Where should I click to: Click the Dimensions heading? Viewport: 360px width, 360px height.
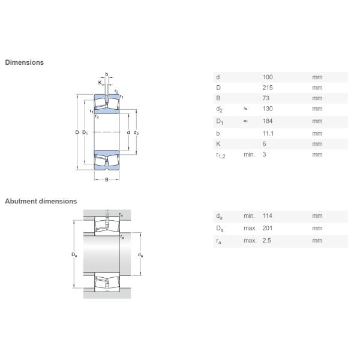point(24,62)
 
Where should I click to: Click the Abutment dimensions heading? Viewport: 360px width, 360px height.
point(41,201)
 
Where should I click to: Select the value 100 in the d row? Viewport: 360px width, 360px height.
point(268,77)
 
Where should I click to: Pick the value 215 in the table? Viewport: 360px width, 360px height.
point(268,88)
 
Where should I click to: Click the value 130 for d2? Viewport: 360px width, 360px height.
point(268,109)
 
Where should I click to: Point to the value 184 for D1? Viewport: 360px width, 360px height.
point(268,121)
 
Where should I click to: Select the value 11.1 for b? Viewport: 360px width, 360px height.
point(268,133)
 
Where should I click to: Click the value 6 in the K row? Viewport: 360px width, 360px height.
point(265,144)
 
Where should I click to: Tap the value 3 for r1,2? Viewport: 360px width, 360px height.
point(265,155)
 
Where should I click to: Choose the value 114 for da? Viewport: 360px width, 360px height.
point(268,216)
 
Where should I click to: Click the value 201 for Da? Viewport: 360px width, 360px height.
point(268,228)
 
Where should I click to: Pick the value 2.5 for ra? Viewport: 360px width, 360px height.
point(267,241)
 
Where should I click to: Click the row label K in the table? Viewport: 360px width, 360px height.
point(218,144)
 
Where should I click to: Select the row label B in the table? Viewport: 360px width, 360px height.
point(218,98)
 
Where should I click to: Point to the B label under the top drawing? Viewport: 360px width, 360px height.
point(107,180)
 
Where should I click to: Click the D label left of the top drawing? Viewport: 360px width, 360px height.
point(77,132)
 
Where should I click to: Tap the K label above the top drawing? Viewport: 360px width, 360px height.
point(100,82)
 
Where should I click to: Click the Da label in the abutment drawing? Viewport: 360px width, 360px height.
point(74,255)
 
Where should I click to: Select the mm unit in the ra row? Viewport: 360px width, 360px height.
point(317,241)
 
